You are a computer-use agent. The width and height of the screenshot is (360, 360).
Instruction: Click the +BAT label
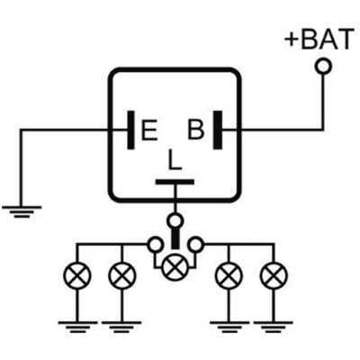click(319, 39)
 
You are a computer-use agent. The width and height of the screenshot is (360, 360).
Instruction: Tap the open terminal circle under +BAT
click(323, 66)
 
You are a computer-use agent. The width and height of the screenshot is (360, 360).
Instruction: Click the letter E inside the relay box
click(149, 130)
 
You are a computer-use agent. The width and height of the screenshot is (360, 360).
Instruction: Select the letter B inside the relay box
click(196, 130)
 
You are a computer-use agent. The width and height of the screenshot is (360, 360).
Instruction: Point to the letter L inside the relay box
click(175, 159)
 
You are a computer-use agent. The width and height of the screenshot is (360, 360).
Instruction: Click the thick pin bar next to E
click(130, 130)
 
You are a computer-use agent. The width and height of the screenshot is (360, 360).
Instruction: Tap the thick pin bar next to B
click(218, 130)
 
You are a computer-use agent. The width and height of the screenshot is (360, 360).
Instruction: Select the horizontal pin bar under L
click(175, 182)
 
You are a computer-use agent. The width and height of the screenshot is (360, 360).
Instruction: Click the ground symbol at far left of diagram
click(22, 211)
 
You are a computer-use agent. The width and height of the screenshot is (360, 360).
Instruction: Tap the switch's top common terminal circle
click(175, 221)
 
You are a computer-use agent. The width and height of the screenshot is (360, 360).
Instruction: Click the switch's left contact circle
click(156, 245)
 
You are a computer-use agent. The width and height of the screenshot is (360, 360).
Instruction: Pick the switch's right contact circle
click(196, 245)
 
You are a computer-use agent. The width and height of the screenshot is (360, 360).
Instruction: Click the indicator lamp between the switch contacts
click(175, 267)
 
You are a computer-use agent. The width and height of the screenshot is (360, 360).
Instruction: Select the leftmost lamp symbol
click(76, 275)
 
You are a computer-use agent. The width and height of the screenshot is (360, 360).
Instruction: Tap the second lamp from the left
click(122, 275)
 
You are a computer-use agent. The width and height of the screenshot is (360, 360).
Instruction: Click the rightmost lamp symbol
click(274, 275)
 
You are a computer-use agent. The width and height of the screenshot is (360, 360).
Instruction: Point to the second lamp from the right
click(229, 275)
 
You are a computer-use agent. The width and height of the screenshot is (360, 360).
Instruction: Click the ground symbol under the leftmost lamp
click(77, 327)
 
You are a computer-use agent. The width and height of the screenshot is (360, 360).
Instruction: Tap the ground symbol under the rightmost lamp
click(274, 327)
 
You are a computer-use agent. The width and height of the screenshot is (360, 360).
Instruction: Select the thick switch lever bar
click(175, 238)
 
